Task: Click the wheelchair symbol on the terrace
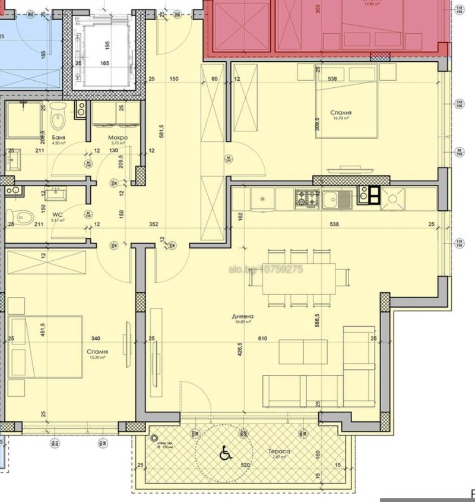[226, 453]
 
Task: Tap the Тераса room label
[281, 452]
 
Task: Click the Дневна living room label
[242, 317]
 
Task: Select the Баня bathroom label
[58, 137]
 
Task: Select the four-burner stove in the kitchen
[308, 198]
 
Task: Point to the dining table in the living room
[300, 277]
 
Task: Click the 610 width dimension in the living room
[262, 339]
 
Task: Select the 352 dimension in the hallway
[154, 224]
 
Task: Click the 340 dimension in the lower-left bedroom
[94, 339]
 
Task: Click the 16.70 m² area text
[340, 119]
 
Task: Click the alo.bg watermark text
[265, 269]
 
